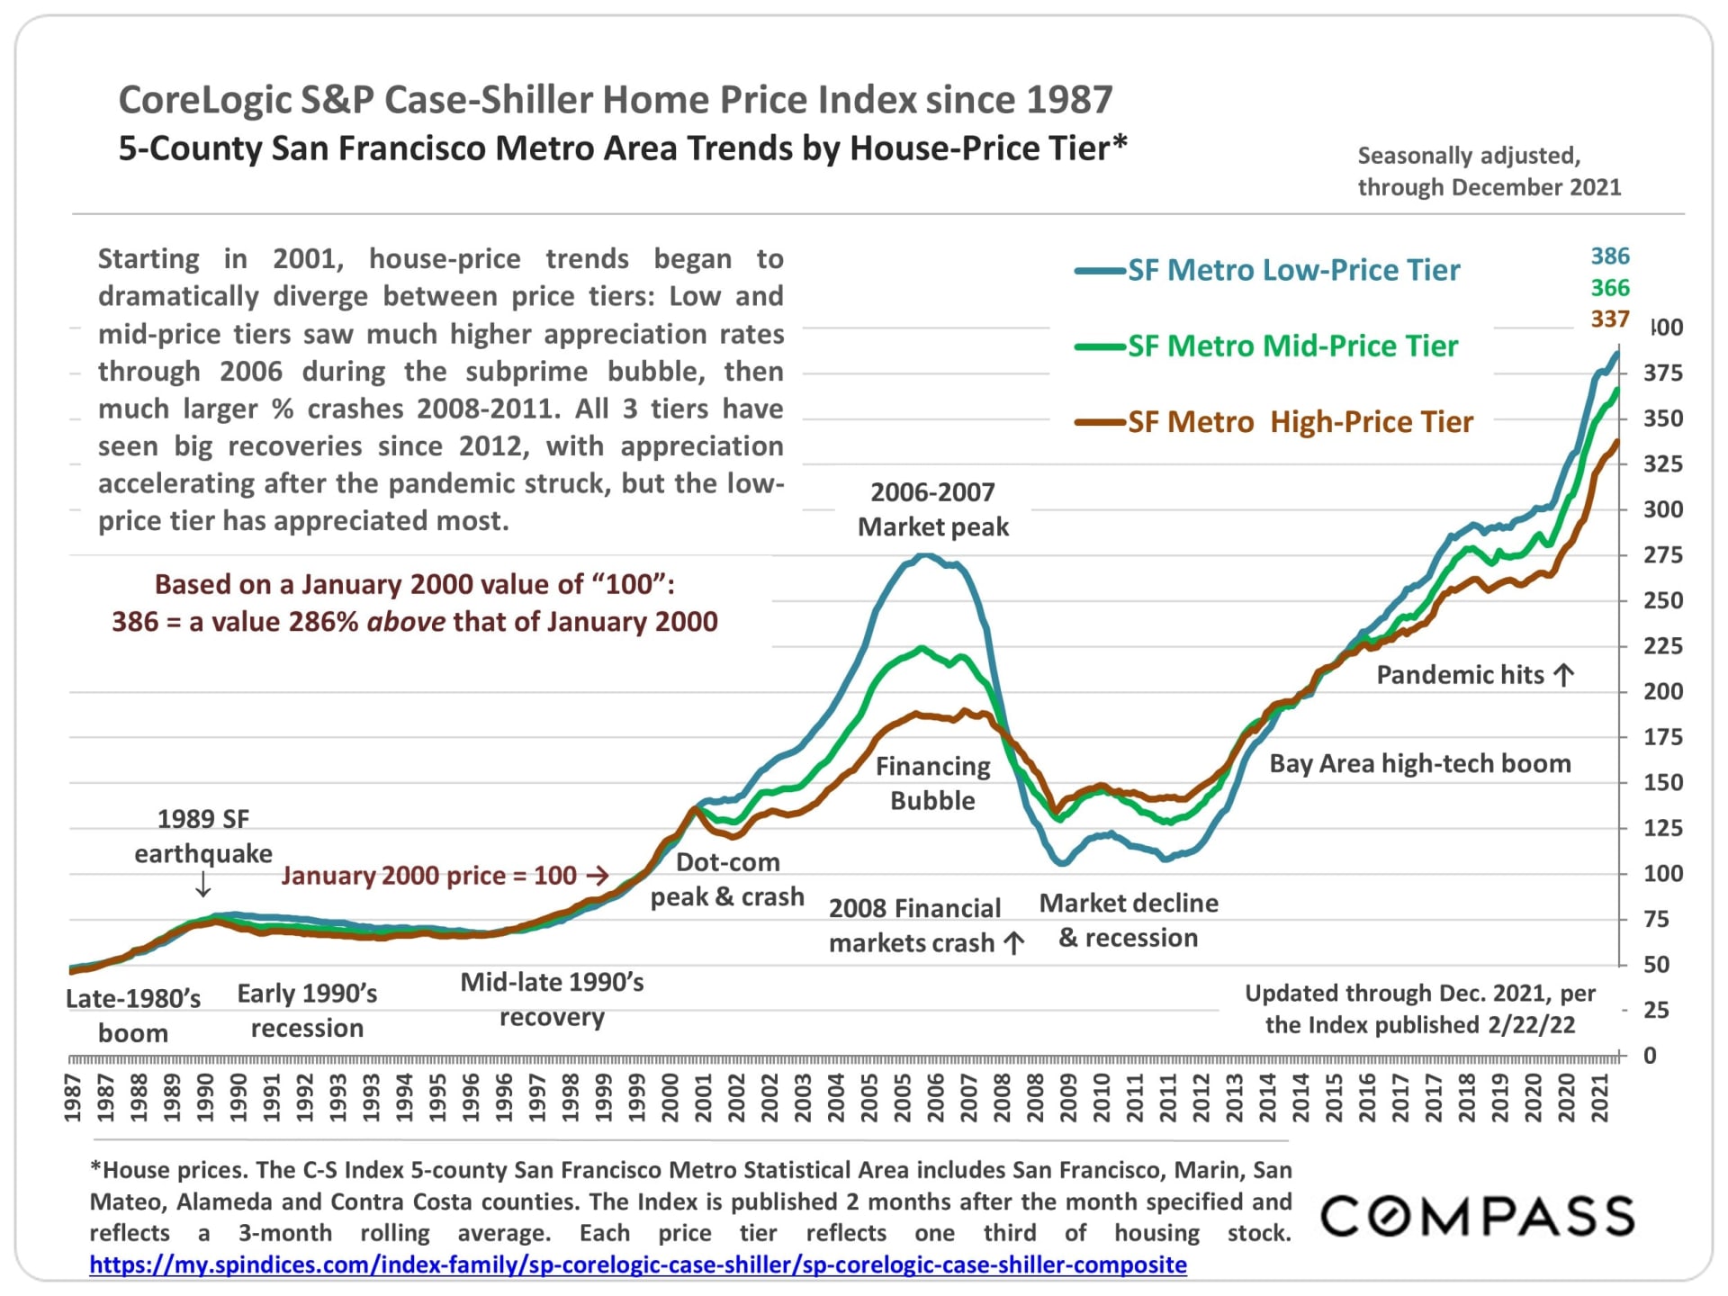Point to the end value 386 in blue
click(1609, 256)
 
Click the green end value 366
click(1609, 288)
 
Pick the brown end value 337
click(1609, 319)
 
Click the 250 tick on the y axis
click(1662, 600)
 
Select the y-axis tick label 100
click(1662, 874)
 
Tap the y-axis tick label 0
click(1649, 1056)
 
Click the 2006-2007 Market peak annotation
click(932, 509)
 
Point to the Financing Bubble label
click(932, 783)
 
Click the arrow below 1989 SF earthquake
click(203, 886)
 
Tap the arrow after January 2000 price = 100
click(597, 875)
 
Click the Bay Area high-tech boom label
click(1419, 764)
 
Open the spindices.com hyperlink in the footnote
click(637, 1264)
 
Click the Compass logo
click(1477, 1216)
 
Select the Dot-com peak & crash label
click(727, 879)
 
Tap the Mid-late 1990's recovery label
click(552, 999)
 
